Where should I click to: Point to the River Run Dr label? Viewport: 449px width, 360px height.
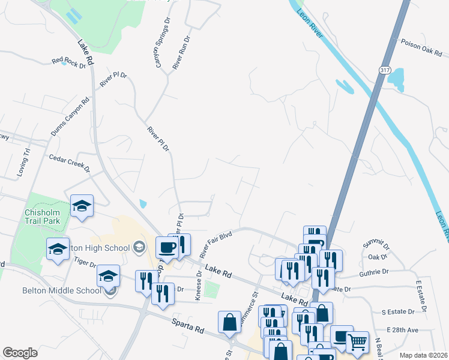[x=181, y=52]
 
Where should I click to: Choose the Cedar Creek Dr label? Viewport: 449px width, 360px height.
[x=69, y=161]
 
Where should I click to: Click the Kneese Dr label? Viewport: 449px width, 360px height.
[x=198, y=286]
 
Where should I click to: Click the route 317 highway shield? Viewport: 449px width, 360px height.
[x=386, y=70]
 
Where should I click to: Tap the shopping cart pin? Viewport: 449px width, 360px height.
[x=357, y=341]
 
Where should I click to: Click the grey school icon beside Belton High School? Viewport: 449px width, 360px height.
[x=138, y=247]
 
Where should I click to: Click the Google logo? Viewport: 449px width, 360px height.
[x=20, y=353]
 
